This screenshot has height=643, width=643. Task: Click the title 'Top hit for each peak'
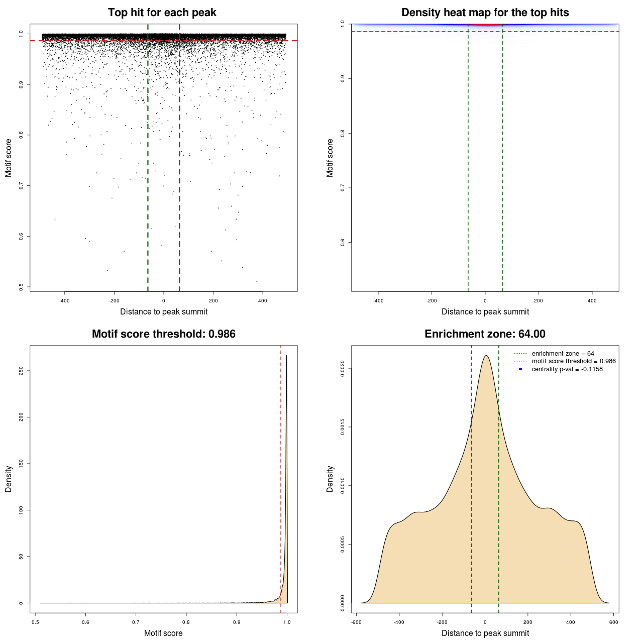click(162, 13)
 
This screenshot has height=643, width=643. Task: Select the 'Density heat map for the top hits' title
click(485, 13)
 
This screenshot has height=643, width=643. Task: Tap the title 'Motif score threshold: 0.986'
click(163, 334)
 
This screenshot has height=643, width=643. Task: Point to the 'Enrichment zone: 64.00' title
click(485, 334)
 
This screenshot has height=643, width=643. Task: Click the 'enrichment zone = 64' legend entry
click(563, 354)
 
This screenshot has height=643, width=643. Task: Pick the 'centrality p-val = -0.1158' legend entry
click(567, 369)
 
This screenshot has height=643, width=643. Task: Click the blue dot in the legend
click(520, 369)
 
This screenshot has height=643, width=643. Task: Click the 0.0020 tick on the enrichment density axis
click(343, 369)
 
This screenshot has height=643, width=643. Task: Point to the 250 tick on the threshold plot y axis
click(21, 371)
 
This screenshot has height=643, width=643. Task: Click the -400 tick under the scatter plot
click(64, 301)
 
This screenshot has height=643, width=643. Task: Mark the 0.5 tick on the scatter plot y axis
click(21, 287)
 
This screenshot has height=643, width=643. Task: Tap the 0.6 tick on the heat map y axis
click(343, 242)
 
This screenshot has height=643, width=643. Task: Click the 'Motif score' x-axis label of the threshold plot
click(163, 633)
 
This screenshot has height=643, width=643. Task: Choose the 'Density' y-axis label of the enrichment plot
click(330, 479)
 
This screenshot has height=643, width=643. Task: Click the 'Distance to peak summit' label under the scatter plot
click(164, 311)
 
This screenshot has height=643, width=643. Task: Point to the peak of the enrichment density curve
click(486, 356)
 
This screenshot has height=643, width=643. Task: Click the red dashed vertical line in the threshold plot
click(280, 477)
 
